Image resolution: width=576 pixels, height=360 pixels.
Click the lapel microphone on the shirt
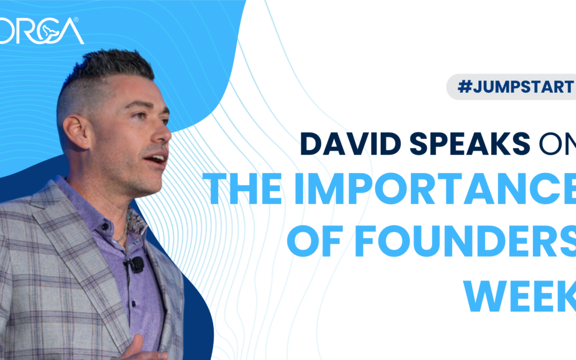tap(137, 263)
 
